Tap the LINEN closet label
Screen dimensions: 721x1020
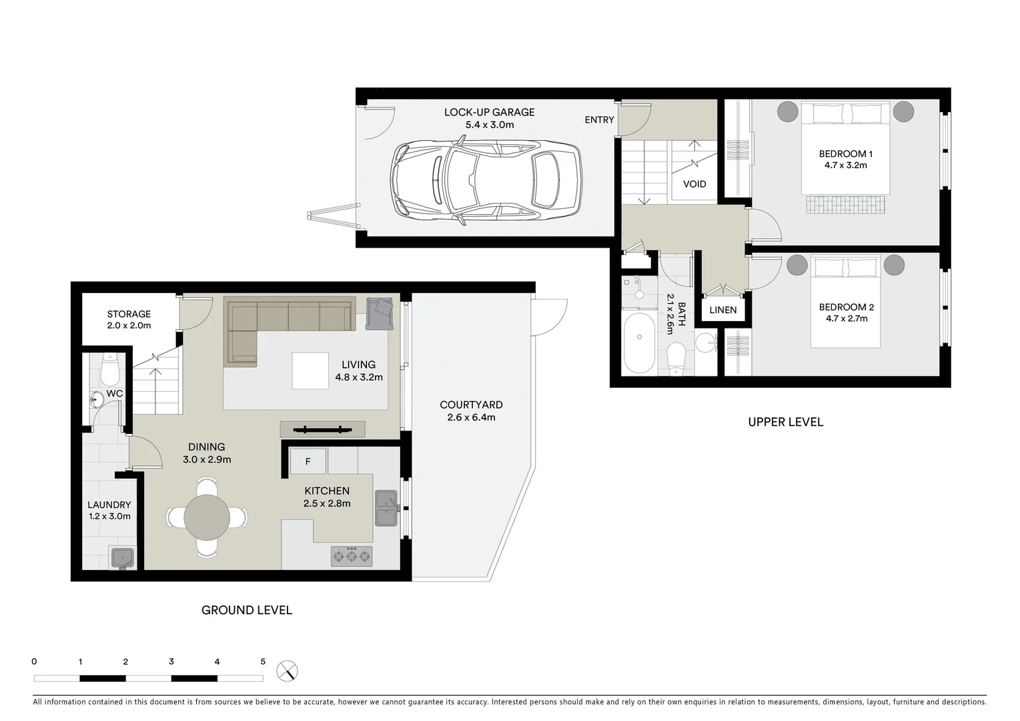click(x=722, y=310)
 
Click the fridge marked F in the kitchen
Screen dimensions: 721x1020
click(x=308, y=461)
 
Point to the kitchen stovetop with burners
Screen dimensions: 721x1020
click(x=352, y=556)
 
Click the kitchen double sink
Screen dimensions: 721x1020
click(x=386, y=509)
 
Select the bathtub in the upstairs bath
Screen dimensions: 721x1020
click(x=640, y=344)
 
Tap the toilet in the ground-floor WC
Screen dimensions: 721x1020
click(x=109, y=369)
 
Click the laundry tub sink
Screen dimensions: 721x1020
click(x=123, y=558)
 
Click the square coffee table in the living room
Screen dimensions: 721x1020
click(x=310, y=371)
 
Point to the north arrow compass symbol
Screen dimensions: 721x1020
click(x=288, y=670)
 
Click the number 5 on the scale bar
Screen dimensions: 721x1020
click(x=263, y=662)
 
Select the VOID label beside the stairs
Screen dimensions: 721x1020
click(x=694, y=184)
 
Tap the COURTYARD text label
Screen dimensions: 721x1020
click(x=471, y=405)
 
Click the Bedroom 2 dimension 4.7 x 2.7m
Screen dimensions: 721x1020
click(x=846, y=319)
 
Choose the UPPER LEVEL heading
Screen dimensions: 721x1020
click(x=785, y=422)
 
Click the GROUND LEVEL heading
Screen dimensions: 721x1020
click(x=247, y=610)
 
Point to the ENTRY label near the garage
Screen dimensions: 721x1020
click(x=599, y=119)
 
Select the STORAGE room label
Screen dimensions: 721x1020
click(x=129, y=314)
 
